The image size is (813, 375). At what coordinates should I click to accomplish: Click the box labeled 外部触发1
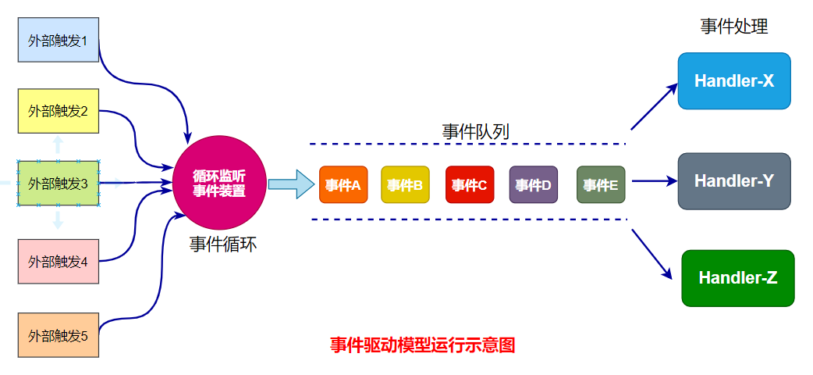(x=59, y=39)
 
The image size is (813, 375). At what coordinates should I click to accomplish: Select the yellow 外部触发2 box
(x=59, y=111)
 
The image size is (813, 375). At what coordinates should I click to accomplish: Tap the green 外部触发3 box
(x=59, y=184)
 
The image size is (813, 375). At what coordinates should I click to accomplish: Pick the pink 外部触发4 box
(x=59, y=261)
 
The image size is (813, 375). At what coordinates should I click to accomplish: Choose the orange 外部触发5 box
(x=59, y=335)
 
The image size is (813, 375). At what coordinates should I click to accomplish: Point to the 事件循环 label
(x=223, y=245)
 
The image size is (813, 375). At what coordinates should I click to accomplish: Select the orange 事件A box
(x=343, y=185)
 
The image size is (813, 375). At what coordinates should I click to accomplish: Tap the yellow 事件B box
(x=405, y=185)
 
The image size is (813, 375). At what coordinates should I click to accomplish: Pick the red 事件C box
(x=469, y=185)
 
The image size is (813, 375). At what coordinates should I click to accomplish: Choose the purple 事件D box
(x=533, y=185)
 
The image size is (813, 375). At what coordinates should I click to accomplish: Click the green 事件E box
(x=601, y=185)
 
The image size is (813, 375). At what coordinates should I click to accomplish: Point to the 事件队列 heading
(x=475, y=131)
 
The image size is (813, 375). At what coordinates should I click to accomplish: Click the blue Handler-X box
(x=734, y=80)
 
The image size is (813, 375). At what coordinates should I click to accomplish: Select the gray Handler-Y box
(x=734, y=181)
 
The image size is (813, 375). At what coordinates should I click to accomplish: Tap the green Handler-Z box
(x=737, y=278)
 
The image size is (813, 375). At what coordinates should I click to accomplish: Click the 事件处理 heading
(x=734, y=27)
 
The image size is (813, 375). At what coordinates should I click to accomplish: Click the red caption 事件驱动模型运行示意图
(x=422, y=345)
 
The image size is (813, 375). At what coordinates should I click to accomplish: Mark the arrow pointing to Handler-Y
(x=654, y=181)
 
